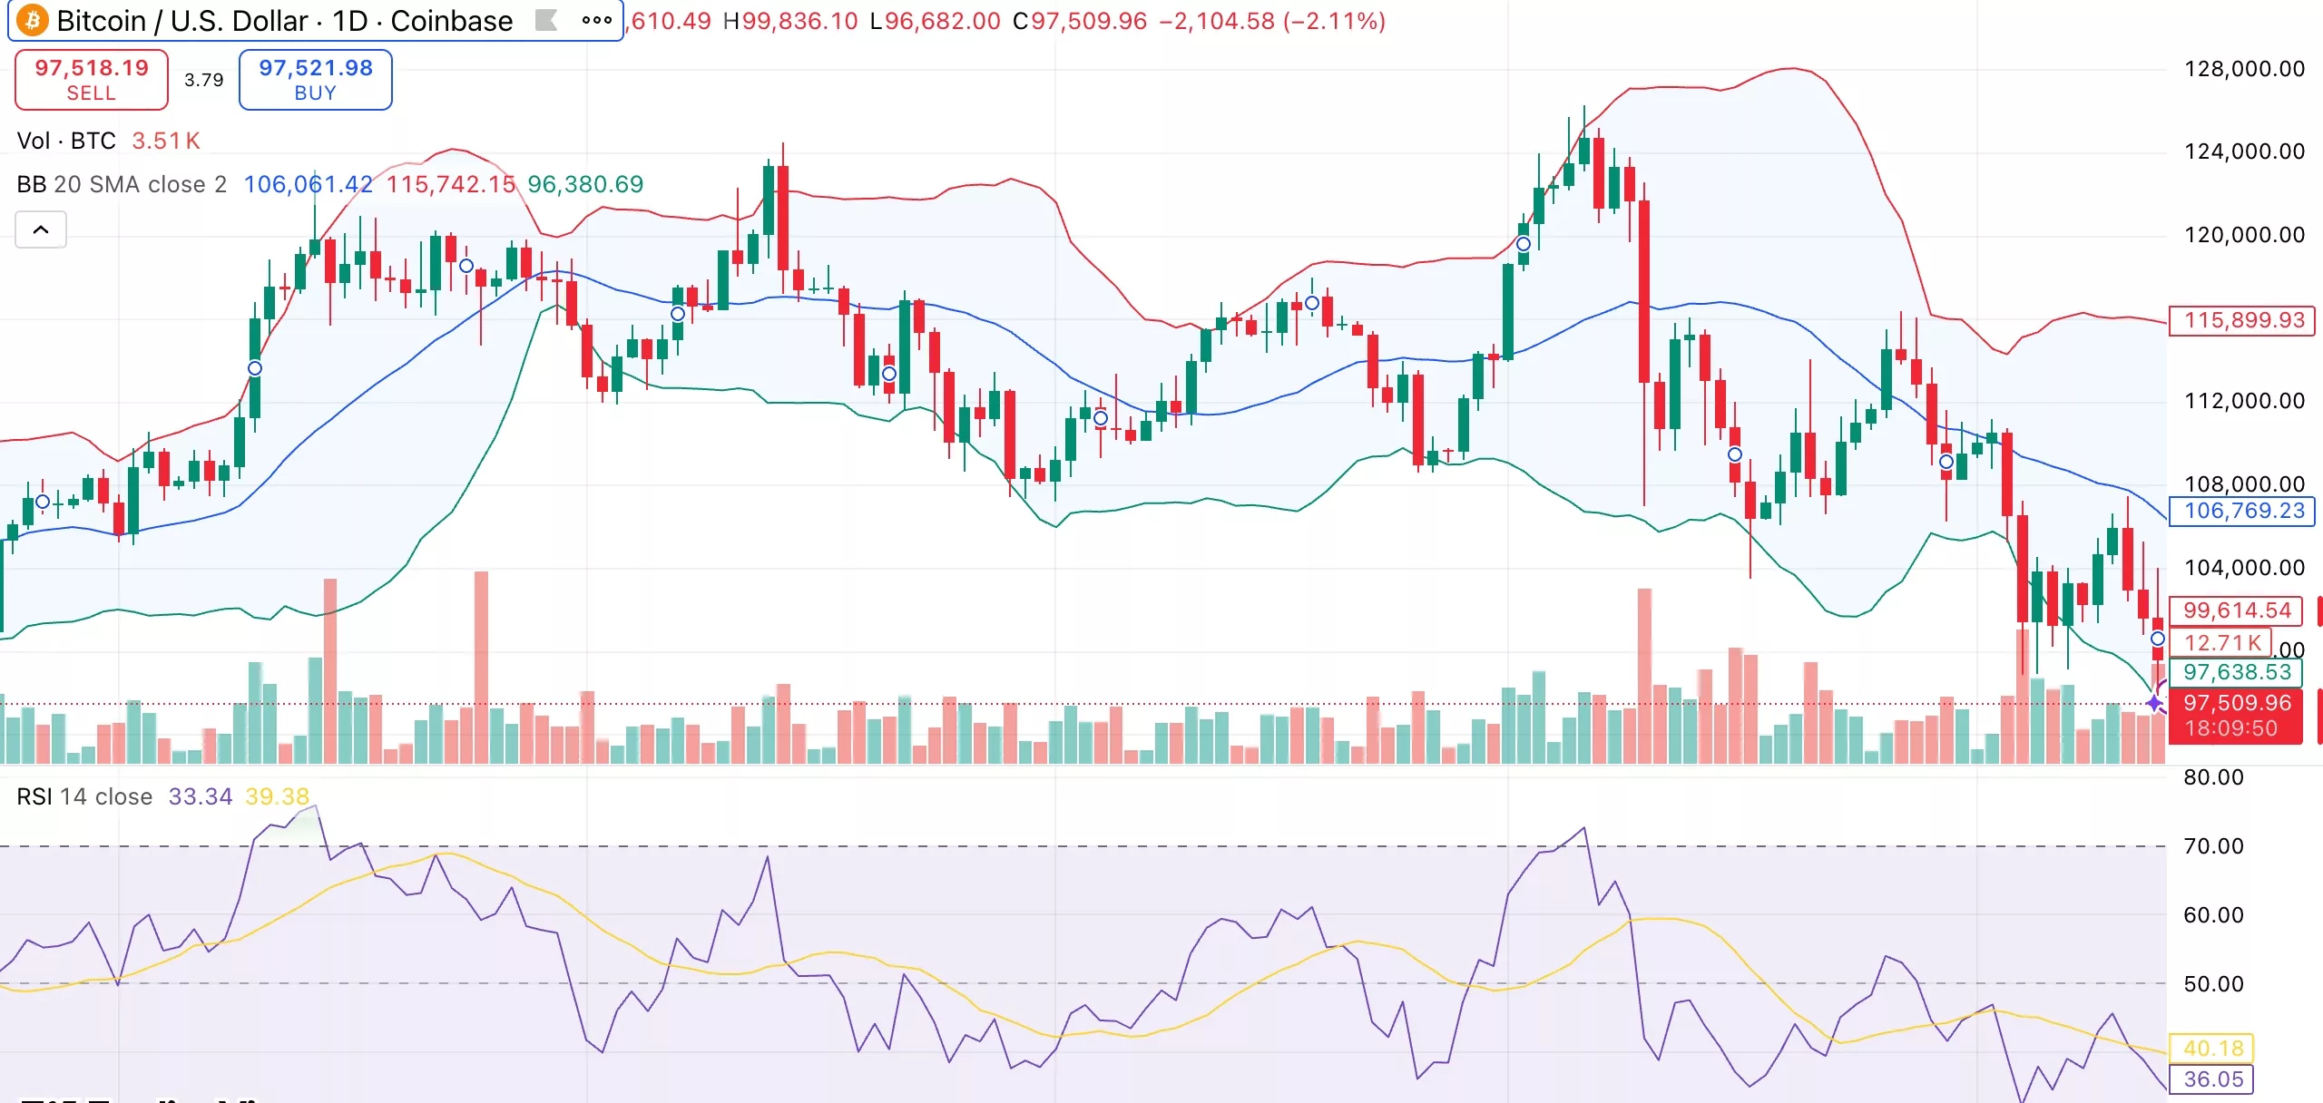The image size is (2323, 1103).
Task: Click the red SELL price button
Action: click(x=91, y=80)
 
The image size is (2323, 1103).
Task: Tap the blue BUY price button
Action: click(x=315, y=80)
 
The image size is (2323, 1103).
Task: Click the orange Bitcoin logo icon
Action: click(x=33, y=20)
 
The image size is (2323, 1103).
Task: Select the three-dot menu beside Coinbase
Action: click(x=596, y=20)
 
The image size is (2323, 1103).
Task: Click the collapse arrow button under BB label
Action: click(x=41, y=229)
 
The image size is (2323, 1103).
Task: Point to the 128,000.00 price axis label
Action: click(x=2243, y=69)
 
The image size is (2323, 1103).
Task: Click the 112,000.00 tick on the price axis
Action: click(x=2243, y=401)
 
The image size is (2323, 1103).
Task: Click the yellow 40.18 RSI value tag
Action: click(x=2212, y=1049)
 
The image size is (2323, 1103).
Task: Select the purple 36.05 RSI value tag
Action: click(x=2212, y=1079)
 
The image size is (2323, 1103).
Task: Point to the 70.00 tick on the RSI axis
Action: click(x=2212, y=846)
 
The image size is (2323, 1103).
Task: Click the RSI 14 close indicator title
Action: click(x=84, y=796)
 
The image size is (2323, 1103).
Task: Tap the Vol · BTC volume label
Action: click(x=66, y=141)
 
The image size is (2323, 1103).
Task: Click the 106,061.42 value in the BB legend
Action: click(x=308, y=184)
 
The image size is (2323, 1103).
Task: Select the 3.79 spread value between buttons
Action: click(x=203, y=80)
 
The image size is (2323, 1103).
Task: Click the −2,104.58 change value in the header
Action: click(x=1216, y=21)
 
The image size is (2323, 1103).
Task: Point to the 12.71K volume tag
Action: click(x=2221, y=643)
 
